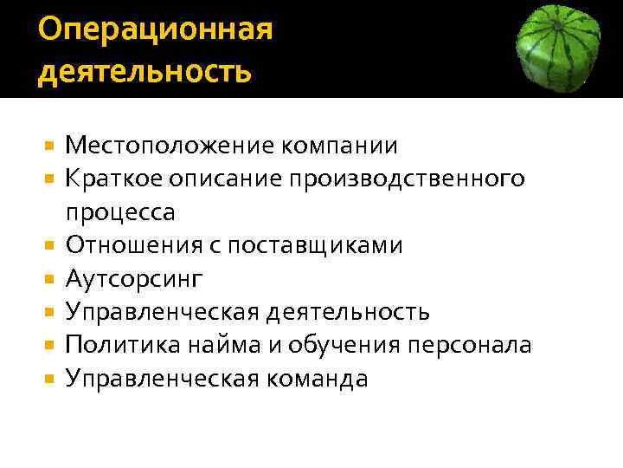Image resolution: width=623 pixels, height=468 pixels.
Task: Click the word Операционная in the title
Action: click(x=156, y=29)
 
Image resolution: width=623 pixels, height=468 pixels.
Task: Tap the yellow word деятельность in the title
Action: click(x=145, y=70)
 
